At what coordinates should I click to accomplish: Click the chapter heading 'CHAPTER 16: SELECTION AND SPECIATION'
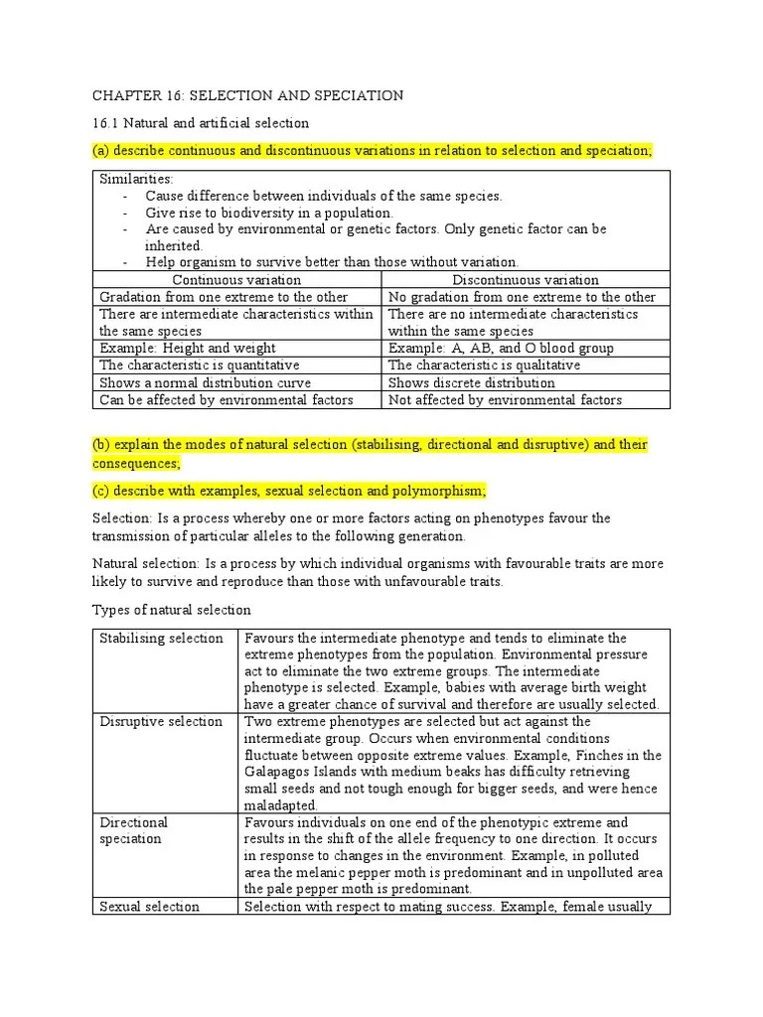coord(247,95)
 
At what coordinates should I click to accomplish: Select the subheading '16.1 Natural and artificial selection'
coord(201,123)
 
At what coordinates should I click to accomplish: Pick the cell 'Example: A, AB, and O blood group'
coord(501,348)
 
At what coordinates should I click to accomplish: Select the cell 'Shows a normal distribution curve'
coord(205,382)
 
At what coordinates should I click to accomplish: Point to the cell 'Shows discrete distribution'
coord(472,382)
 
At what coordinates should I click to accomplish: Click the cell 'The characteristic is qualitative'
coord(484,364)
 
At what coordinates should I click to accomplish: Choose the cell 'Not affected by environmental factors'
coord(505,399)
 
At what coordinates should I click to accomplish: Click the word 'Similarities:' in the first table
coord(136,179)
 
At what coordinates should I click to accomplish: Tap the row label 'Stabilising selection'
coord(161,638)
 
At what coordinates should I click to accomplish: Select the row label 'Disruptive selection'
coord(161,721)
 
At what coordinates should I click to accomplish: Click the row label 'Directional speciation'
coord(134,830)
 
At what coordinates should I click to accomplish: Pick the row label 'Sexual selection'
coord(149,906)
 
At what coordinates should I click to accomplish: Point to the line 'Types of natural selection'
coord(172,609)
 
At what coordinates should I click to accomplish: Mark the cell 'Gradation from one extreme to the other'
coord(224,297)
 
